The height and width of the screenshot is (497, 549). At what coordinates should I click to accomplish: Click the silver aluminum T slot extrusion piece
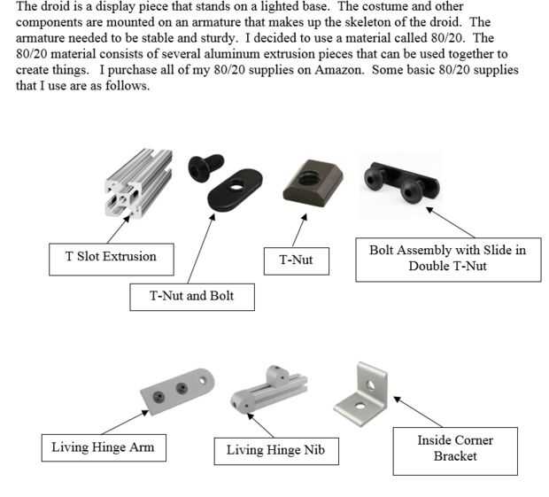click(x=139, y=182)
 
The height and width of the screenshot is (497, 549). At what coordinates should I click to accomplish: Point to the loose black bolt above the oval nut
click(x=205, y=167)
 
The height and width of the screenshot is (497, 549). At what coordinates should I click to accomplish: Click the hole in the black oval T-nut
click(x=236, y=186)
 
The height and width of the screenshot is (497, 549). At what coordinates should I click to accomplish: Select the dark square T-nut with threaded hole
click(x=313, y=184)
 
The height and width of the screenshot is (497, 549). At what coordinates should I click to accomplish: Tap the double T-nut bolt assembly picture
click(x=402, y=182)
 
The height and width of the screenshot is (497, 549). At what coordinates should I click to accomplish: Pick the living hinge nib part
click(x=268, y=390)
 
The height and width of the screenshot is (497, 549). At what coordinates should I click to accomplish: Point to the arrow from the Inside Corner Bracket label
click(x=418, y=412)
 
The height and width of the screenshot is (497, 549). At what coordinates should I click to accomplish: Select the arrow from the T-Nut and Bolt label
click(x=201, y=249)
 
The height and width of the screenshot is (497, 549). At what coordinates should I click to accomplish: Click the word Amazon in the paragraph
click(x=338, y=70)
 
